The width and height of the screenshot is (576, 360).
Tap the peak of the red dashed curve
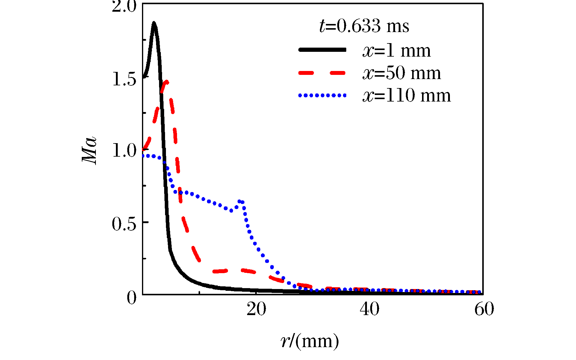pyautogui.click(x=166, y=82)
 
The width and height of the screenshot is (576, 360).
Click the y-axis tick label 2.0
pyautogui.click(x=124, y=7)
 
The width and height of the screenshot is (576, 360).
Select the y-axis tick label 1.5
pyautogui.click(x=124, y=79)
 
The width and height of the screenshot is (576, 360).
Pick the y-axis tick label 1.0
pyautogui.click(x=124, y=151)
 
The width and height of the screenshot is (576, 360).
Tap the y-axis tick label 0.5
pyautogui.click(x=124, y=224)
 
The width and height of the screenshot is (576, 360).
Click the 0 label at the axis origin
pyautogui.click(x=131, y=298)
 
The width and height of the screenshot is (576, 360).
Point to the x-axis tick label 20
pyautogui.click(x=256, y=310)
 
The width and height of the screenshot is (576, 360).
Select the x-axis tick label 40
pyautogui.click(x=369, y=310)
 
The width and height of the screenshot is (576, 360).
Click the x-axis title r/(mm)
pyautogui.click(x=310, y=341)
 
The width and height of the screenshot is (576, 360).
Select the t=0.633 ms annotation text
pyautogui.click(x=364, y=26)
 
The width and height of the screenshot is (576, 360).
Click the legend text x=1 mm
pyautogui.click(x=396, y=51)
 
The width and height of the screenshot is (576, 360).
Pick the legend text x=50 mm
pyautogui.click(x=401, y=73)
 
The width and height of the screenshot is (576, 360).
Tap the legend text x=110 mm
pyautogui.click(x=406, y=96)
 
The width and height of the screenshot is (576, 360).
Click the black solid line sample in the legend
pyautogui.click(x=322, y=50)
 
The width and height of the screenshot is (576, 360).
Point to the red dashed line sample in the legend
pyautogui.click(x=322, y=73)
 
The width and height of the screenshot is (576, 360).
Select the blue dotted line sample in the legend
pyautogui.click(x=322, y=96)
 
